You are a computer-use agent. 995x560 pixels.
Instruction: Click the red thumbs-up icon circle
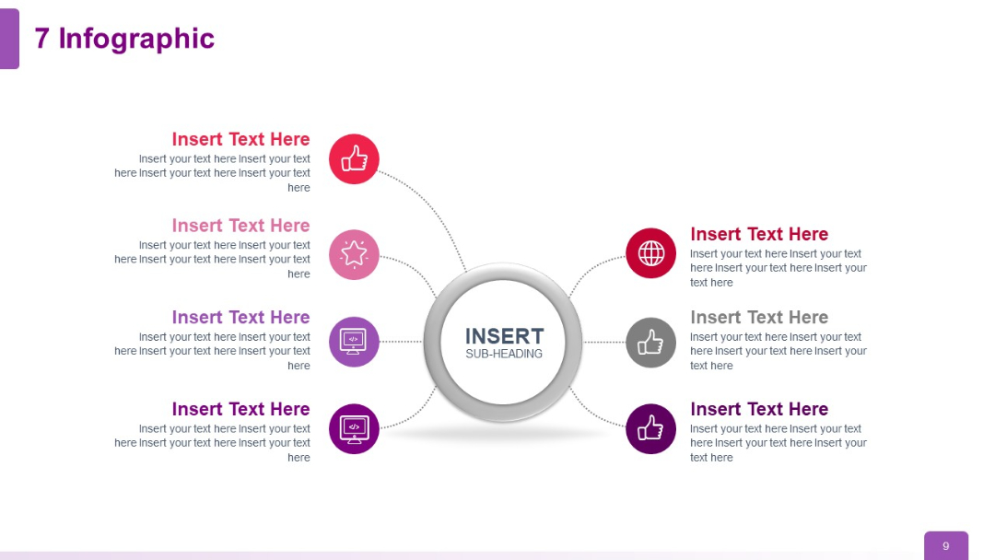[354, 159]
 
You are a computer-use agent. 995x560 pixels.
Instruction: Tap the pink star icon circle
[354, 254]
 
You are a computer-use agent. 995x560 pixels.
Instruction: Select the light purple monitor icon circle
[354, 342]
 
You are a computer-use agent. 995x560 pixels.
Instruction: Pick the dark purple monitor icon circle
[354, 429]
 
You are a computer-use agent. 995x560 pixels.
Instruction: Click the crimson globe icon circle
[650, 253]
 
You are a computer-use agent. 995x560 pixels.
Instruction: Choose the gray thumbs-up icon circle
[650, 342]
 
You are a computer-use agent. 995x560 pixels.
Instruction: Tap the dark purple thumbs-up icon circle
[650, 429]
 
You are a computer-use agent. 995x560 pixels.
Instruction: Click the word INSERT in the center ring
[504, 335]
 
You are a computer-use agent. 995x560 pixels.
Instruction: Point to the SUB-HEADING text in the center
[504, 354]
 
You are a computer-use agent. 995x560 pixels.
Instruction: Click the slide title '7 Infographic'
[124, 39]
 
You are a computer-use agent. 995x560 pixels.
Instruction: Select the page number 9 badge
[945, 546]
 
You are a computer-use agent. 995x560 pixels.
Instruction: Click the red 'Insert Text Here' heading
[240, 139]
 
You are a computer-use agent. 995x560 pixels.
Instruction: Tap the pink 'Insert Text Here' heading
[240, 226]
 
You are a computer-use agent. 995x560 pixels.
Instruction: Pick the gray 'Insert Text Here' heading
[759, 317]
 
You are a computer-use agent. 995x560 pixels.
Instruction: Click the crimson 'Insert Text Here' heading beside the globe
[759, 234]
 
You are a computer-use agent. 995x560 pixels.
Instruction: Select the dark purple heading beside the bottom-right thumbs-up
[759, 409]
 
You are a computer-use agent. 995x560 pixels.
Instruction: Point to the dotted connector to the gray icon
[604, 342]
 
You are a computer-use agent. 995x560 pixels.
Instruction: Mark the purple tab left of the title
[9, 39]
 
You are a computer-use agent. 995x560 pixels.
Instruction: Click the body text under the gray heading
[778, 351]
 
